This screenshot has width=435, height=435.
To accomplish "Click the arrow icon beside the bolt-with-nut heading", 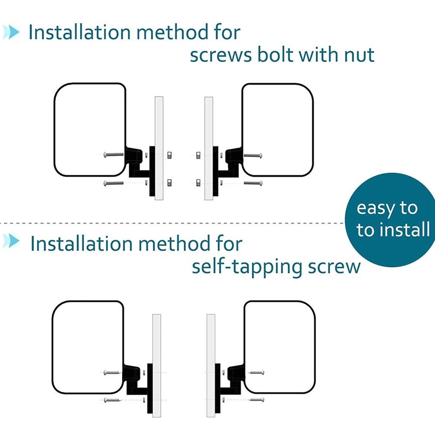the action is [11, 32].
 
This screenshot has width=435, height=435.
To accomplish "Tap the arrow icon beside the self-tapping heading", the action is [11, 241].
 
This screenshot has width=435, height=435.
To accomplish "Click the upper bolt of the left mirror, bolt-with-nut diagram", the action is [114, 154].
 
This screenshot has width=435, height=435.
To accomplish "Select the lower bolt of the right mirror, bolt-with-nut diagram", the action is [253, 183].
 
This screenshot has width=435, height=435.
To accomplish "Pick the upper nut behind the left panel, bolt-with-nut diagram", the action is [169, 155].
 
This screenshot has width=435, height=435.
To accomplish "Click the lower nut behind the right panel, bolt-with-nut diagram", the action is [198, 183].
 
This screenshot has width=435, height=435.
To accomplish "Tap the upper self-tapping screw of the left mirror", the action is [112, 373].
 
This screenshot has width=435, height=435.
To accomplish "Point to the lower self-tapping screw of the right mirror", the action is [257, 400].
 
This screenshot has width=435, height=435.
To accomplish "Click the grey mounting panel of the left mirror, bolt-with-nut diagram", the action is [159, 148].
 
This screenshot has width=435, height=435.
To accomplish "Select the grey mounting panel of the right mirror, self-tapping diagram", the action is [211, 366].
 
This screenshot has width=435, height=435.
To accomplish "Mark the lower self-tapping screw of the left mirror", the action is [112, 400].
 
